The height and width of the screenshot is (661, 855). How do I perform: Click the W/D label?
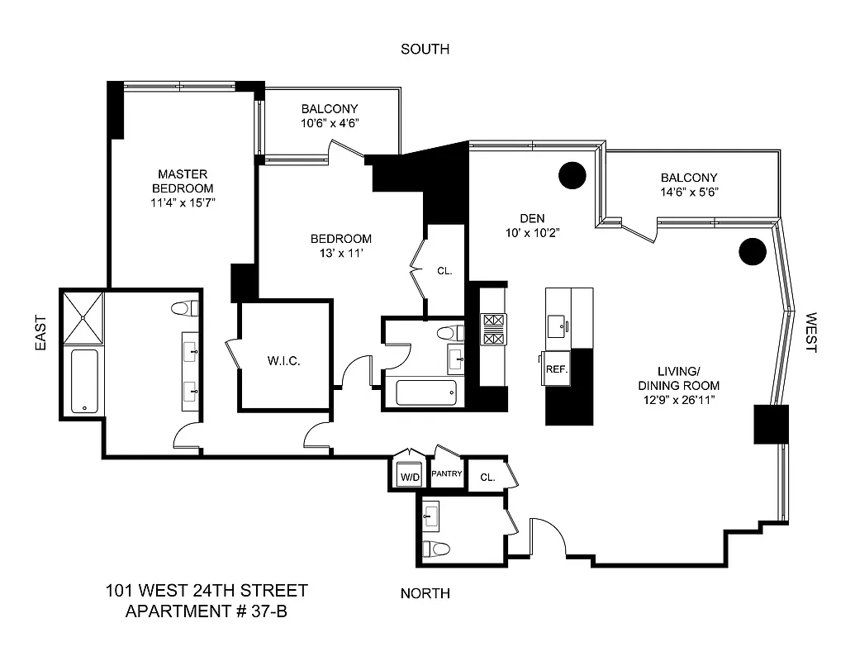click(410, 478)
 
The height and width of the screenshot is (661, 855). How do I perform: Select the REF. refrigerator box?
click(557, 369)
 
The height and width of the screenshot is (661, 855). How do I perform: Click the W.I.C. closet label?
click(283, 361)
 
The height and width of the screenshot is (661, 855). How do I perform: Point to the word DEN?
click(532, 218)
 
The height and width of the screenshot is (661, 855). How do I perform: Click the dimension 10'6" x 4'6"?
click(329, 123)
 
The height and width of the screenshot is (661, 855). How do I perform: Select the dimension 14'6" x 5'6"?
click(689, 193)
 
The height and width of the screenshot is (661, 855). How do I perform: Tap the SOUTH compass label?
click(425, 50)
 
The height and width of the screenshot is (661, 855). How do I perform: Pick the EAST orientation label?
click(41, 333)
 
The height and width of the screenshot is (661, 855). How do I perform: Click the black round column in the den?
click(572, 174)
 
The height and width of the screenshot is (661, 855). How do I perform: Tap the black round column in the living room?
click(753, 251)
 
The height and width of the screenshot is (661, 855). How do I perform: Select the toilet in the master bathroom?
click(185, 308)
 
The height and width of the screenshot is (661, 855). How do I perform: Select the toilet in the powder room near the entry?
click(435, 549)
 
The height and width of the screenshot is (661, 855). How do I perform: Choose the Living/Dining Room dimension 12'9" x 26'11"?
click(677, 400)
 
